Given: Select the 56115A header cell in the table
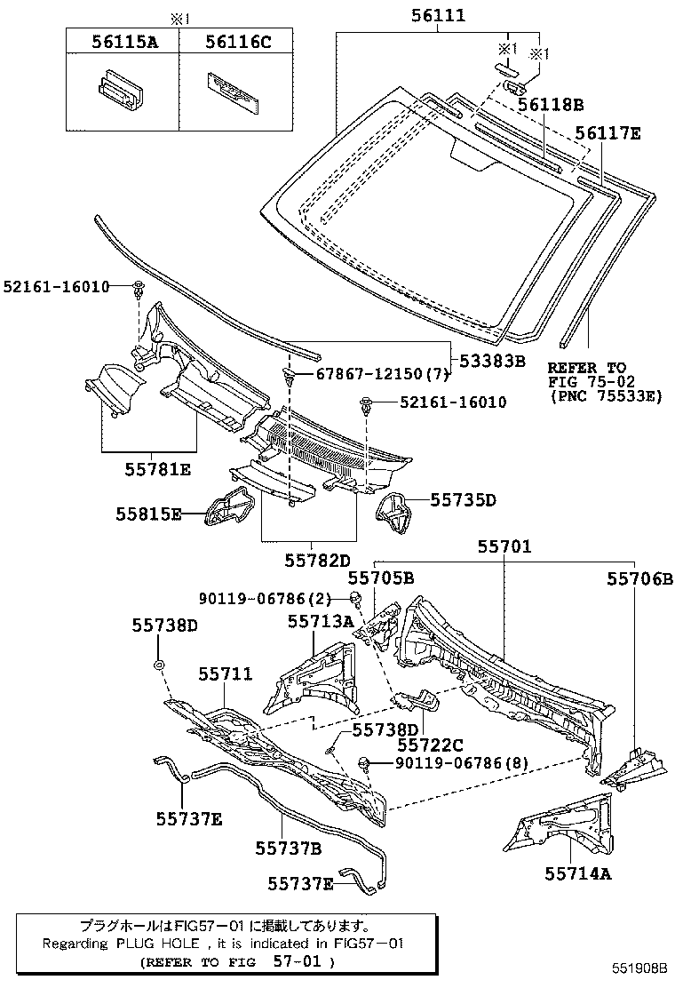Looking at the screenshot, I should pyautogui.click(x=121, y=40).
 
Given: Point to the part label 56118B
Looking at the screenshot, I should pyautogui.click(x=551, y=105).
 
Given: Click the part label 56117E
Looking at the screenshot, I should pyautogui.click(x=607, y=133).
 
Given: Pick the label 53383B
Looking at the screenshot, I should pyautogui.click(x=493, y=361).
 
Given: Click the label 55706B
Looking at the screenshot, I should pyautogui.click(x=640, y=578).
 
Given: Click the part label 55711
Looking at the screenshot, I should pyautogui.click(x=226, y=675).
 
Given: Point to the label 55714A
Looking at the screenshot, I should pyautogui.click(x=578, y=873).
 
